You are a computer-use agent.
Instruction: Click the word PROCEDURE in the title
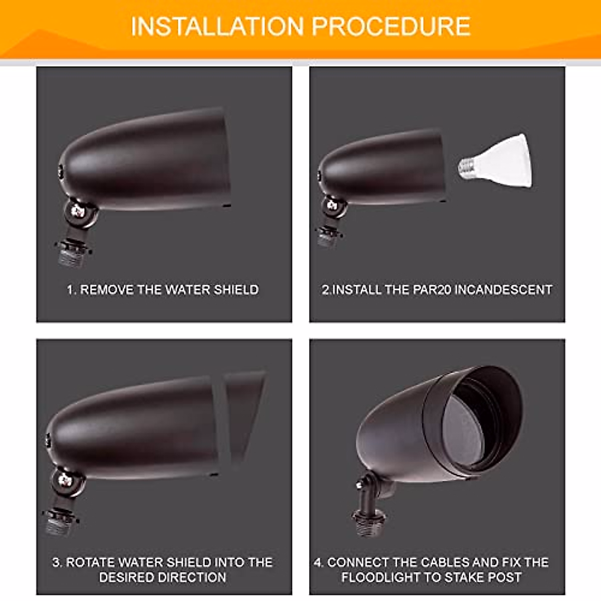tap(391, 27)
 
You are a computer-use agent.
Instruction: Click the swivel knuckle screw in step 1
tap(77, 211)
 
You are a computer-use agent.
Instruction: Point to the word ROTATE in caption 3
tap(91, 562)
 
